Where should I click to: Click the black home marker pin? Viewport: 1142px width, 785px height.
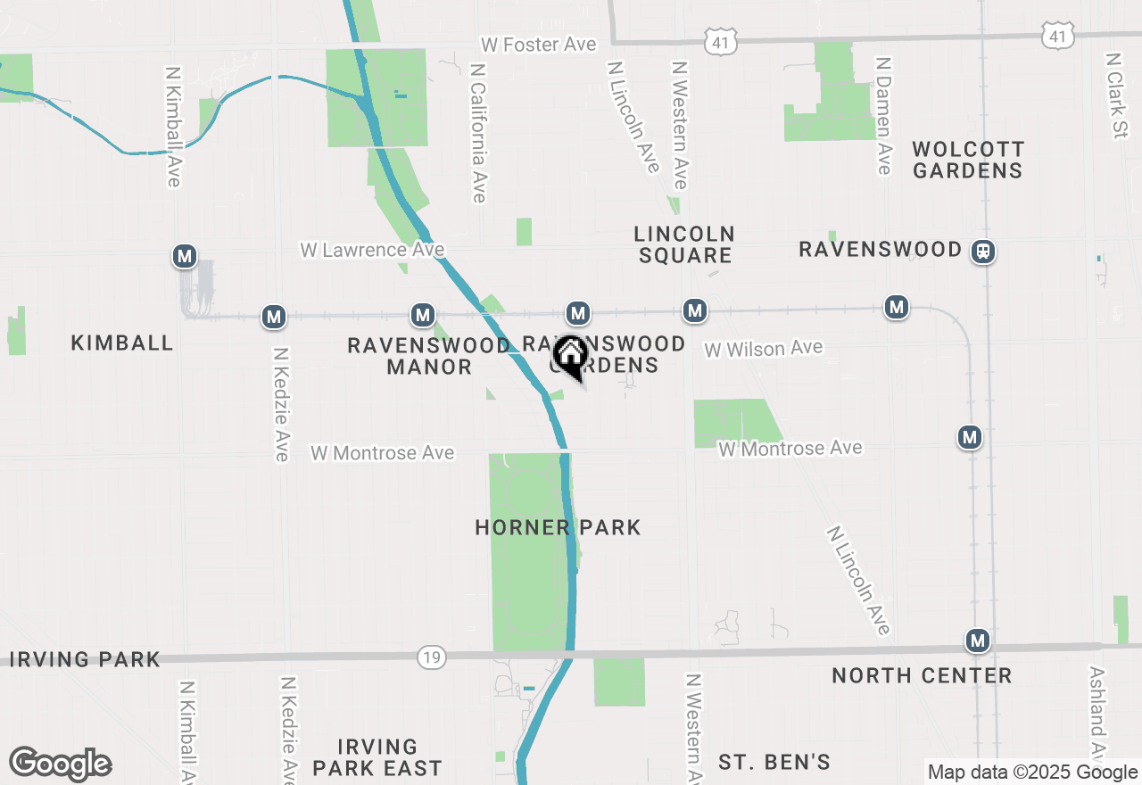[x=570, y=356]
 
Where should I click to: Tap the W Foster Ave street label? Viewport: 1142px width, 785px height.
[x=538, y=45]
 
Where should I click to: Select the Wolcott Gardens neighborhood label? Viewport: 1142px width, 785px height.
[x=968, y=160]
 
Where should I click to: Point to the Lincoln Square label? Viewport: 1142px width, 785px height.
[x=684, y=244]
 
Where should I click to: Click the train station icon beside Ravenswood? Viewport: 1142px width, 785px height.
[x=982, y=251]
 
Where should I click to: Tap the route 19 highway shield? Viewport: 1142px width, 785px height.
[x=431, y=658]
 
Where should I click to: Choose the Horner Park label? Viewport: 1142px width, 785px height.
[x=558, y=527]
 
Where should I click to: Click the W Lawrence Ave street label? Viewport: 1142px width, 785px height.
[x=372, y=250]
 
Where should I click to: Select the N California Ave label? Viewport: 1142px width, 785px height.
[x=479, y=132]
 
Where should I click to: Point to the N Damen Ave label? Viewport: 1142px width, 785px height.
[x=883, y=116]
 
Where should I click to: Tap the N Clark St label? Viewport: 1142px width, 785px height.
[x=1115, y=95]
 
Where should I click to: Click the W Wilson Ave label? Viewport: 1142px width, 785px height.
[x=763, y=349]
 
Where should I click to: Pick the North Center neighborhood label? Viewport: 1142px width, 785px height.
[x=922, y=675]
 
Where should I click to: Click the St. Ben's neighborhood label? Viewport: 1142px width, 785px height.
[x=774, y=762]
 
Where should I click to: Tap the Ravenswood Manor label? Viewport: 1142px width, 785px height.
[x=429, y=355]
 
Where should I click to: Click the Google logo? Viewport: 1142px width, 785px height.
[x=60, y=764]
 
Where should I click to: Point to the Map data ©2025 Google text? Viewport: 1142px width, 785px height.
[x=1032, y=773]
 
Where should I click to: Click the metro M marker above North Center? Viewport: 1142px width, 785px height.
[x=978, y=640]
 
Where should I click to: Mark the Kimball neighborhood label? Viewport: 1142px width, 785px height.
[x=122, y=343]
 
